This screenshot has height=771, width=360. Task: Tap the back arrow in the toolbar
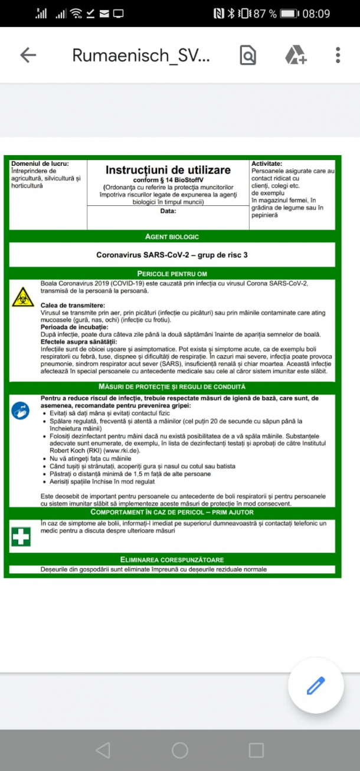pos(28,55)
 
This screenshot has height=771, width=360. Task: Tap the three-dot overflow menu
pos(338,55)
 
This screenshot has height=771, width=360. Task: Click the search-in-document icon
pos(248,55)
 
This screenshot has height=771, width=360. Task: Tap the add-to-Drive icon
pos(295,55)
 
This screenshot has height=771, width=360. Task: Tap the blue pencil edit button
pos(316,686)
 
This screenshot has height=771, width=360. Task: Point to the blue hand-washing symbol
pos(21,411)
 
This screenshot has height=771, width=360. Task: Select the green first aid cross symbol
pos(21,536)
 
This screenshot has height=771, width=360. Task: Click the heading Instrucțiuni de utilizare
pos(168,170)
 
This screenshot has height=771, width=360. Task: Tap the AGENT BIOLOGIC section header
pos(172,237)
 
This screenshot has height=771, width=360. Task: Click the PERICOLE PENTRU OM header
pos(172,274)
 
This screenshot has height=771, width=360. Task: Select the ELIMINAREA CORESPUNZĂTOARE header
pos(172,559)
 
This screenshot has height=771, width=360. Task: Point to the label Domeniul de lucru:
pos(40,163)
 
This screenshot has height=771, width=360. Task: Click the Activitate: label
pos(267,163)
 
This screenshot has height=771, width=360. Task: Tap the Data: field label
pos(168,211)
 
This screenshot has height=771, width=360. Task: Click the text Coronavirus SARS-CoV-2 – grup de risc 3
pos(172,255)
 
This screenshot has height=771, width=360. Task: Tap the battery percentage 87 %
pos(265,14)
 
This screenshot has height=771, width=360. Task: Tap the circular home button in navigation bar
pos(179,750)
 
